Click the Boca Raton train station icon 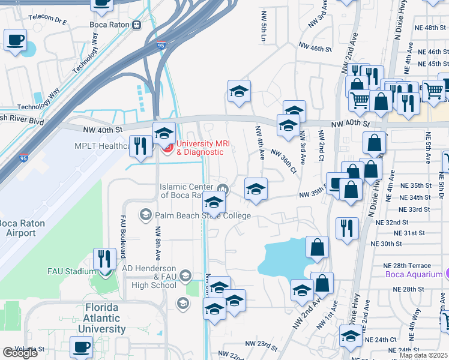[x=137, y=25]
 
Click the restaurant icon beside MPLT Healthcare [x=140, y=146]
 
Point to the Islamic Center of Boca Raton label [x=187, y=191]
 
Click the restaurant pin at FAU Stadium [x=105, y=259]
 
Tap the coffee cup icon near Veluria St [x=81, y=346]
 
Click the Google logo [x=20, y=353]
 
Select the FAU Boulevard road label [x=122, y=236]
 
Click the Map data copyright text [x=423, y=355]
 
